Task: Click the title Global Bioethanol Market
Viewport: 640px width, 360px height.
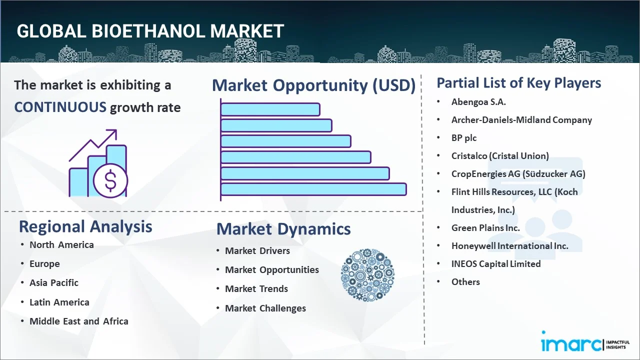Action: [x=150, y=31]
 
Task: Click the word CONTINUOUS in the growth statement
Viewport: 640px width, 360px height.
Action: [x=60, y=107]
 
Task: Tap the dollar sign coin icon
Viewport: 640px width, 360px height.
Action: [x=110, y=181]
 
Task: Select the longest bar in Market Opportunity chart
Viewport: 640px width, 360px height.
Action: [x=313, y=189]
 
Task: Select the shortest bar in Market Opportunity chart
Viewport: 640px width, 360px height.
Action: [x=270, y=109]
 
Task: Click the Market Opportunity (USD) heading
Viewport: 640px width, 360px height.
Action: [x=313, y=85]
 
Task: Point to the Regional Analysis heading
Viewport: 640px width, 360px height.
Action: [x=85, y=226]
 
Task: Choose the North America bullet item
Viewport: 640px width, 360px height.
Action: [x=61, y=244]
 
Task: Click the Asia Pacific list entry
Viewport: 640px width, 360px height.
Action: [x=54, y=282]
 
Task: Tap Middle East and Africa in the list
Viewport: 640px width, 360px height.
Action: [x=79, y=321]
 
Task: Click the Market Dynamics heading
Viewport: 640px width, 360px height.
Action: [x=283, y=229]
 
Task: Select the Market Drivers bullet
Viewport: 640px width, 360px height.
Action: [x=257, y=250]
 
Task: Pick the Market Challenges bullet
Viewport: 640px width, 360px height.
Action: [x=265, y=308]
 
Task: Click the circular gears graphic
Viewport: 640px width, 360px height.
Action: [x=367, y=275]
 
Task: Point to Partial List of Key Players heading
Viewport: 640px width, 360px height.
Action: [x=519, y=82]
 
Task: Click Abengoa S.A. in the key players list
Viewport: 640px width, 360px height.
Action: [x=478, y=101]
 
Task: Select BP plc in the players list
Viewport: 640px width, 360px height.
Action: [x=464, y=137]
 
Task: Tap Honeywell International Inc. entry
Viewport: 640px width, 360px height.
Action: [x=509, y=245]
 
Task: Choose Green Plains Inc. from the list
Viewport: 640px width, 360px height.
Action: [x=485, y=227]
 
